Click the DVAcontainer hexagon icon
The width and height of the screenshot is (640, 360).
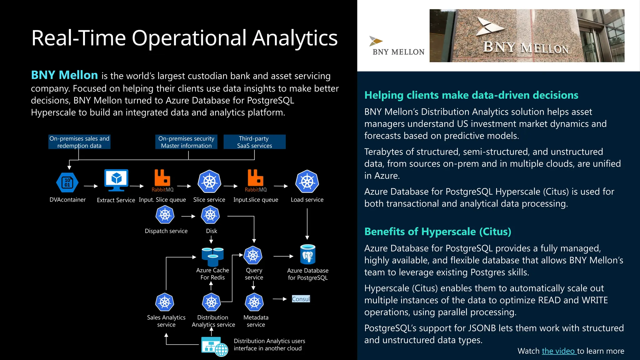tap(67, 182)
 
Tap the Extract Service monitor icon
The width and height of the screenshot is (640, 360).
tap(116, 180)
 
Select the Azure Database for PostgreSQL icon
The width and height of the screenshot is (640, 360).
tap(307, 254)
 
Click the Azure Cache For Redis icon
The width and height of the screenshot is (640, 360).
tap(212, 256)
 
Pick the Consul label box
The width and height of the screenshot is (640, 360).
tap(301, 299)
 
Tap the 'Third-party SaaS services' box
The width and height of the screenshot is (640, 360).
tap(254, 142)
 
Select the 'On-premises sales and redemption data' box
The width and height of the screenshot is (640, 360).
tap(79, 142)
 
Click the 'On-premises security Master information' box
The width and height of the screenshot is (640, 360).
tap(186, 142)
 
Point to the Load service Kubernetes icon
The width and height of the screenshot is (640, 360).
tap(307, 182)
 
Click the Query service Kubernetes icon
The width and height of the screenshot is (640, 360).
tap(253, 255)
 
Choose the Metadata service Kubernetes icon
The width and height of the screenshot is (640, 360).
tap(254, 302)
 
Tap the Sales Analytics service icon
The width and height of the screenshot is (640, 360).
tap(165, 302)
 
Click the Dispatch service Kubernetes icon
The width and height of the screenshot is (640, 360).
tap(165, 215)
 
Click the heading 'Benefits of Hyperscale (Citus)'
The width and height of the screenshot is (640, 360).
tap(437, 232)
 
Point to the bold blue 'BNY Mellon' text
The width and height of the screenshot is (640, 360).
tap(64, 75)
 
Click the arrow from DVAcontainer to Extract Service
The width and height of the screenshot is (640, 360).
tap(91, 186)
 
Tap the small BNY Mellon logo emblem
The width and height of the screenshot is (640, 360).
tap(376, 41)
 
